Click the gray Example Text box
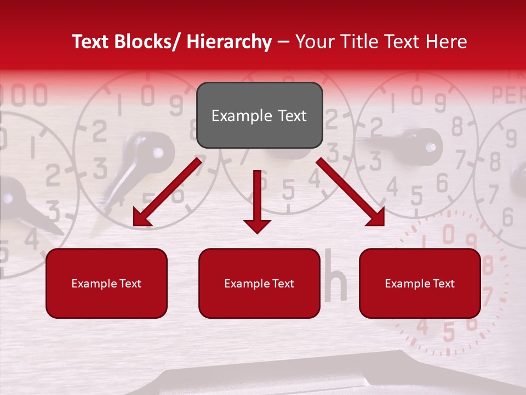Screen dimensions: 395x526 pos(259,115)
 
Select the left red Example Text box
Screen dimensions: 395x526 pos(106,283)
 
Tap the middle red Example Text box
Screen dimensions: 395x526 pos(259,283)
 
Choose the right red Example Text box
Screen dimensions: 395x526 pos(420,283)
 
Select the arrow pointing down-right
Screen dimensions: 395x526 pos(351,192)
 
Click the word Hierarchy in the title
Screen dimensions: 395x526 pos(228,42)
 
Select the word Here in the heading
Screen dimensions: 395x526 pos(444,42)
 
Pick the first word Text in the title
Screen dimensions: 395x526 pos(91,42)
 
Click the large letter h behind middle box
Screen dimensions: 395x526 pos(335,283)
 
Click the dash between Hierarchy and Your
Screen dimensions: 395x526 pos(283,42)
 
